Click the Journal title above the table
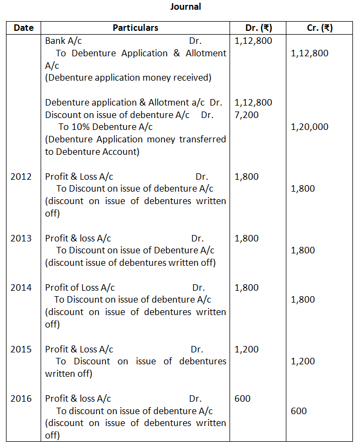point(185,7)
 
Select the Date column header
point(23,28)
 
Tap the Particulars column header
point(135,28)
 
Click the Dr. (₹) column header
point(258,28)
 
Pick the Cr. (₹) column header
point(320,28)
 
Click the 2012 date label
point(21,176)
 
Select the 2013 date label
point(21,238)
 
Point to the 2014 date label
point(21,287)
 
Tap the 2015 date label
point(21,349)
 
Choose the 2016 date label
point(21,398)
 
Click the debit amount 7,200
point(247,115)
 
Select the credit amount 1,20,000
point(310,127)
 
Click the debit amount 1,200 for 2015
point(247,349)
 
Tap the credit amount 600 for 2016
point(299,411)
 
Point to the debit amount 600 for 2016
point(243,398)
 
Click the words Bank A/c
point(64,41)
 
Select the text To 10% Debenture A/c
point(106,127)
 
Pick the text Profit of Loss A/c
point(80,287)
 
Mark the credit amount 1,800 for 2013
point(303,251)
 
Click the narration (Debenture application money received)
point(128,77)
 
